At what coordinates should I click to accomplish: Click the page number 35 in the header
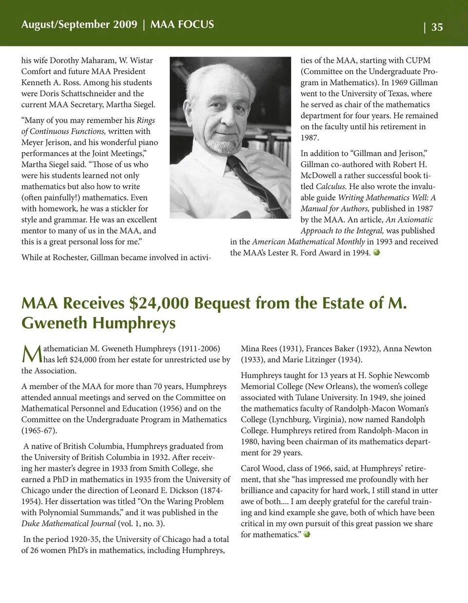click(437, 27)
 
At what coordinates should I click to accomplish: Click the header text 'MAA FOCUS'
click(182, 24)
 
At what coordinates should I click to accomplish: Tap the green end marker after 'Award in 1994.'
click(376, 253)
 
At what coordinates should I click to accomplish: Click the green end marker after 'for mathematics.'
click(307, 534)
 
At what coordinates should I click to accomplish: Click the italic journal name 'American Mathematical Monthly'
click(309, 242)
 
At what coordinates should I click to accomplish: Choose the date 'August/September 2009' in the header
click(79, 24)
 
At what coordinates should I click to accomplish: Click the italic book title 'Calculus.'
click(331, 186)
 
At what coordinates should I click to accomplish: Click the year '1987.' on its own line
click(310, 137)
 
